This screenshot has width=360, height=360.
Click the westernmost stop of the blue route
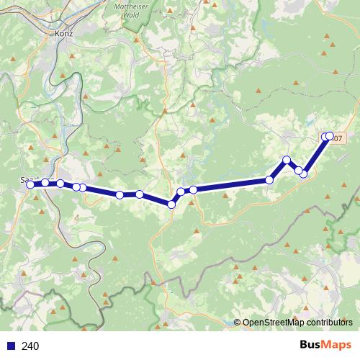[30, 184]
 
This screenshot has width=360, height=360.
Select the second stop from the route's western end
[45, 183]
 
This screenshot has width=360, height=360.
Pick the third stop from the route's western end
[60, 184]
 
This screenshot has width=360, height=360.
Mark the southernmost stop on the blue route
[171, 204]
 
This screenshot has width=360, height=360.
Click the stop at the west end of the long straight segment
[194, 189]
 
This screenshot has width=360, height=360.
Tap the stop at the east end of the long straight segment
[270, 179]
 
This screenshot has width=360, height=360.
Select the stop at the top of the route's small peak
[287, 160]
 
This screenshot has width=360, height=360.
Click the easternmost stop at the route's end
[330, 135]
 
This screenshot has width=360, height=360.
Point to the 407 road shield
[336, 138]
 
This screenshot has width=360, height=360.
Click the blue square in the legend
[10, 346]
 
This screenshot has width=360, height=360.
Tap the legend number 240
[31, 346]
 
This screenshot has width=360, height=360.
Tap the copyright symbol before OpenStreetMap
[238, 323]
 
